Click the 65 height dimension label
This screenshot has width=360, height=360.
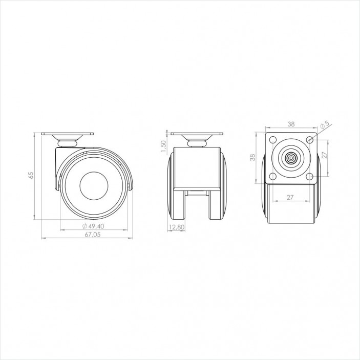pyautogui.click(x=31, y=175)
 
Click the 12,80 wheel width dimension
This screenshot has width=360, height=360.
pyautogui.click(x=177, y=227)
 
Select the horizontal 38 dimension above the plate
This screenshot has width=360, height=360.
pyautogui.click(x=290, y=124)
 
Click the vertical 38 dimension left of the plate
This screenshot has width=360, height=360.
pyautogui.click(x=252, y=158)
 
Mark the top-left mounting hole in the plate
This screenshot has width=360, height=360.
pyautogui.click(x=272, y=140)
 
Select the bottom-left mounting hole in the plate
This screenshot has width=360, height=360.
pyautogui.click(x=272, y=176)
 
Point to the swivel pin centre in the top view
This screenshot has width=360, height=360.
pyautogui.click(x=290, y=158)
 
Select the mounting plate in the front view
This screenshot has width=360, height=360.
pyautogui.click(x=197, y=135)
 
